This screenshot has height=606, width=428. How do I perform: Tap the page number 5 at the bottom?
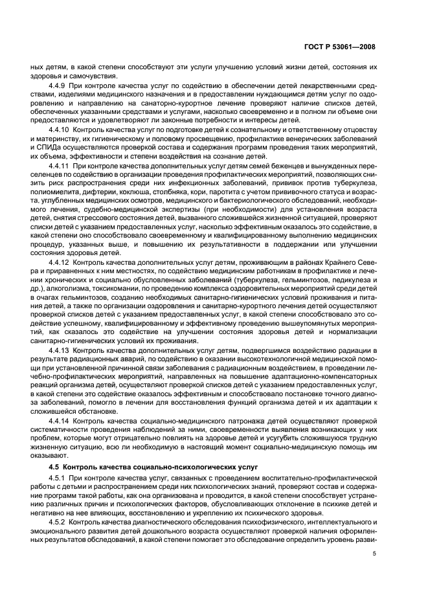[374, 553]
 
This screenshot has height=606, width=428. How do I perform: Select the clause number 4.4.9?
[60, 85]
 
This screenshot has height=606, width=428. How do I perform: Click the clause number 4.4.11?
[61, 166]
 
